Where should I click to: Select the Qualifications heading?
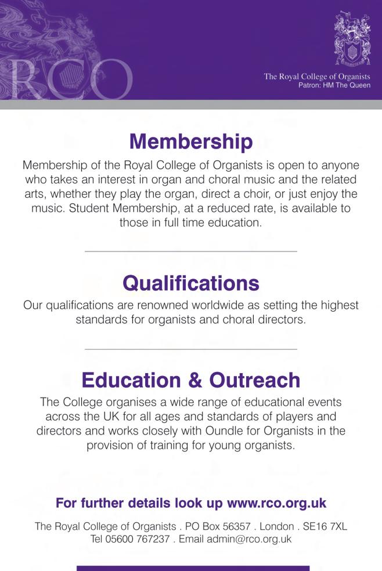coord(191,283)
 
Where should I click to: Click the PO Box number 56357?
coord(218,526)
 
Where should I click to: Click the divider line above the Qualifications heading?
coord(191,251)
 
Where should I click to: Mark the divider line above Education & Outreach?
coord(191,349)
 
